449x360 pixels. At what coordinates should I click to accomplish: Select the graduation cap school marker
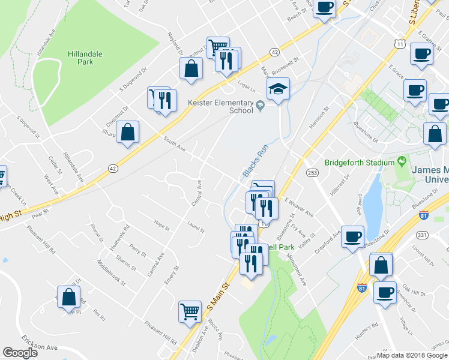tap(278, 90)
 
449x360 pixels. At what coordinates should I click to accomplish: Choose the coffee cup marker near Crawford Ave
tap(354, 236)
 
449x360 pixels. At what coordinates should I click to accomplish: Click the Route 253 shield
tap(312, 172)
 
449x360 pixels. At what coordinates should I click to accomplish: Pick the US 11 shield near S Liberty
tap(399, 43)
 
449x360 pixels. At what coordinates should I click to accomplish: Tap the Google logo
tap(20, 353)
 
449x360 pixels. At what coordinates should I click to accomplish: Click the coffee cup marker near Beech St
tap(324, 8)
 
